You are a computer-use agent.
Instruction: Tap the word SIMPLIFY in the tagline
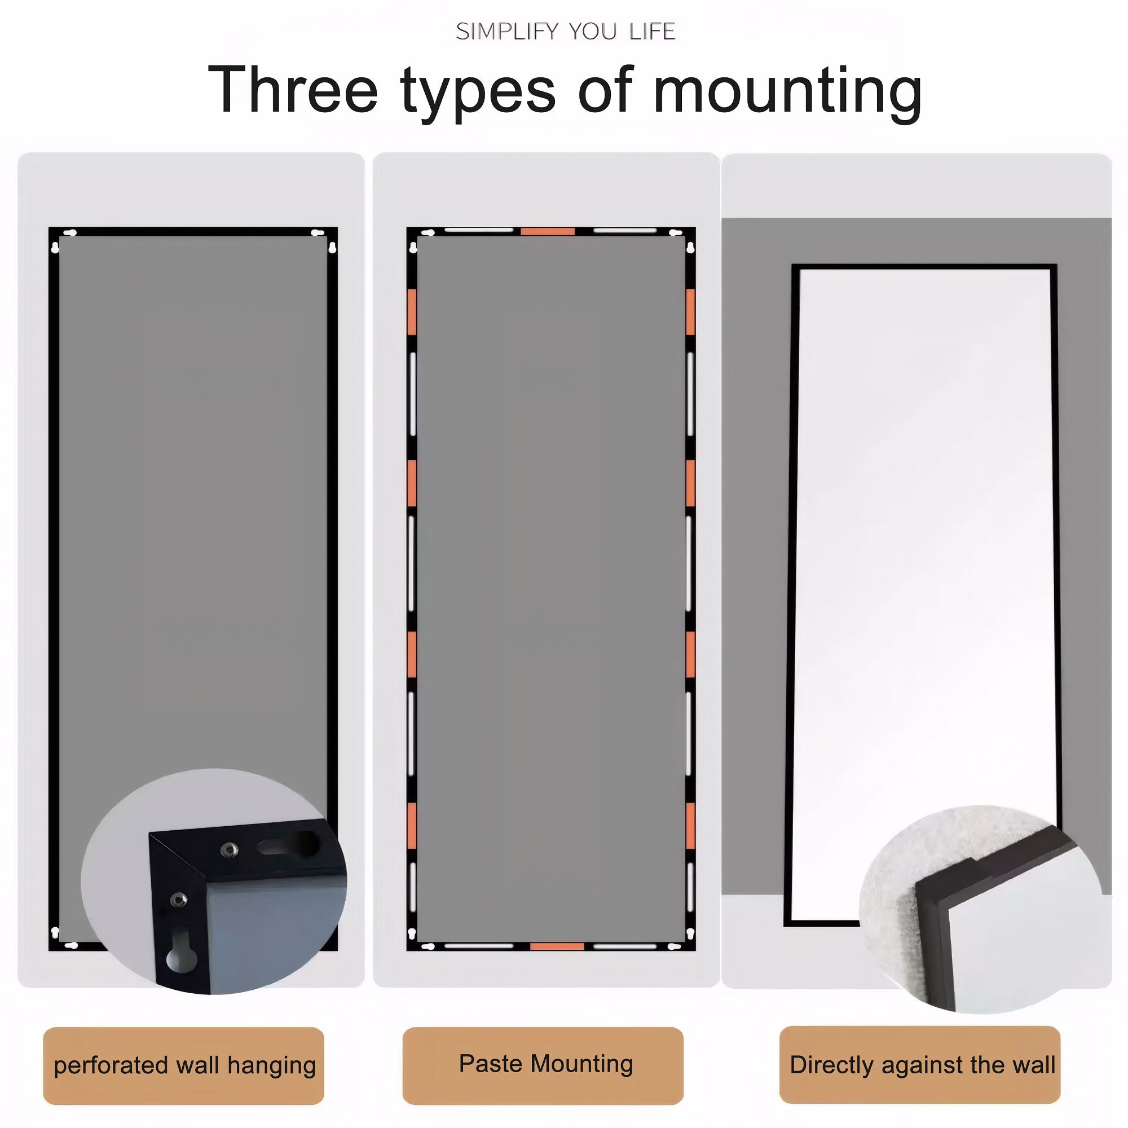[506, 32]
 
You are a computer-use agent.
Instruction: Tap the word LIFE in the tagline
[652, 32]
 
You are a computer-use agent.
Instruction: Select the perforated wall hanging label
[184, 1065]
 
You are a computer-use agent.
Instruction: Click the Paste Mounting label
[545, 1064]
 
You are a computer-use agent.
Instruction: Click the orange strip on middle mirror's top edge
[547, 231]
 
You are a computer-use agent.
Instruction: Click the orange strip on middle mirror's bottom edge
[557, 946]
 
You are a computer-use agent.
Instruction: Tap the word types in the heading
[478, 94]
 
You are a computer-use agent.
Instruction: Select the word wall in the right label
[1033, 1065]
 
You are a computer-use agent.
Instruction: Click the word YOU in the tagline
[593, 32]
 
